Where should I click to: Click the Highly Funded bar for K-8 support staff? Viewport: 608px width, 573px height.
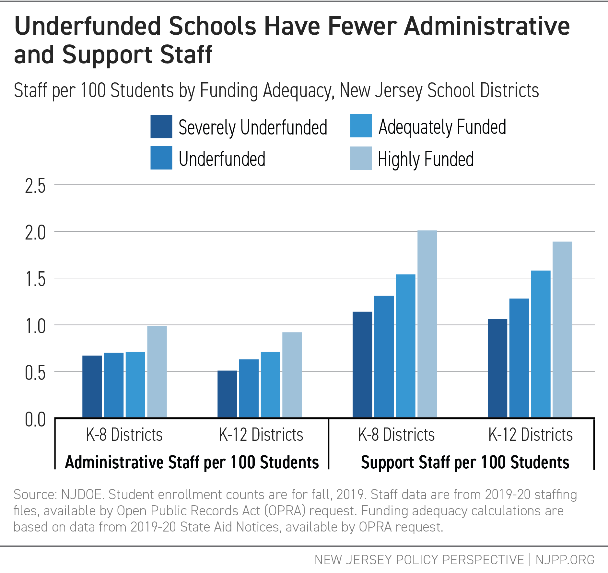tap(427, 324)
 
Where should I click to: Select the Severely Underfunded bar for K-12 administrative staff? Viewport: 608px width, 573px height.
tap(227, 394)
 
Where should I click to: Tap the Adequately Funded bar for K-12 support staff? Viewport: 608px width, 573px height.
tap(541, 344)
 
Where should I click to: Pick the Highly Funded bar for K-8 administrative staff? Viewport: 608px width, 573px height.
tap(157, 371)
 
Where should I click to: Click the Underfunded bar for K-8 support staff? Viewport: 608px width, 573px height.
tap(384, 357)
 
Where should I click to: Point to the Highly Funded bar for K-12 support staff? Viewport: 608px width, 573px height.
tap(562, 330)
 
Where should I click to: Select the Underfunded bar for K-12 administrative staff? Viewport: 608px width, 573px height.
tap(249, 388)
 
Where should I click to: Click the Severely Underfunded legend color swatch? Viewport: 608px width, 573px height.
tap(161, 126)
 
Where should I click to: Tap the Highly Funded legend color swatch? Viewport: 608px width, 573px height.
tap(361, 158)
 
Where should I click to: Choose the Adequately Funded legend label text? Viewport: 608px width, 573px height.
tap(442, 127)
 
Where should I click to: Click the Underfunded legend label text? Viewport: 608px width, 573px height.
tap(222, 159)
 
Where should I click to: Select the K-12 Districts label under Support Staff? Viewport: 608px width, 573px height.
tap(530, 435)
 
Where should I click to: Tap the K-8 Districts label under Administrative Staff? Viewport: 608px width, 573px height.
tap(124, 435)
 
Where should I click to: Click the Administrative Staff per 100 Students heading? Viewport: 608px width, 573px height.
tap(192, 462)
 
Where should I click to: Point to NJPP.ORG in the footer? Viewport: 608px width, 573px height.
tap(565, 560)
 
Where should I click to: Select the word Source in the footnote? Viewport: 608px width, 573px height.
tap(35, 495)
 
